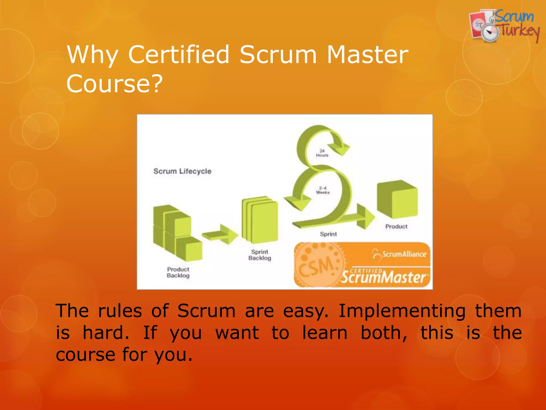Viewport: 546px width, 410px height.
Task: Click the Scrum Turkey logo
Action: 504,26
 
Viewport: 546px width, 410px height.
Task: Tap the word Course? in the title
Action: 114,84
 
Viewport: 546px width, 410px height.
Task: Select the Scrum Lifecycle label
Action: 182,171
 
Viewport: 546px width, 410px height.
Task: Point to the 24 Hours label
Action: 322,153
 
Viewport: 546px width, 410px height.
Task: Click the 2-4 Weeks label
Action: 323,190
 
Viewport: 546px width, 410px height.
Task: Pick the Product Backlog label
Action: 178,272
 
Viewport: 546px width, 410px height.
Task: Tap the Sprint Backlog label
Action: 260,255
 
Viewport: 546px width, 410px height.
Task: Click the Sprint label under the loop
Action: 328,234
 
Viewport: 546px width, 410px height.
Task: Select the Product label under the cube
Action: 396,227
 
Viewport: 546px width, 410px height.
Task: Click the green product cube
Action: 397,199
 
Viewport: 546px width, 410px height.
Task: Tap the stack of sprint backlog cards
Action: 260,220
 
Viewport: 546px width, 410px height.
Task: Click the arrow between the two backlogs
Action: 220,234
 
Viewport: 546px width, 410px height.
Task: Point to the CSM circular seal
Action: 317,265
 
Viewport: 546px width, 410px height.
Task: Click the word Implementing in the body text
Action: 402,311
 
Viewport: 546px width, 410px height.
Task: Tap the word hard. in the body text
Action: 106,333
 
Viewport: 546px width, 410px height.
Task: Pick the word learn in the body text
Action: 325,333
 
